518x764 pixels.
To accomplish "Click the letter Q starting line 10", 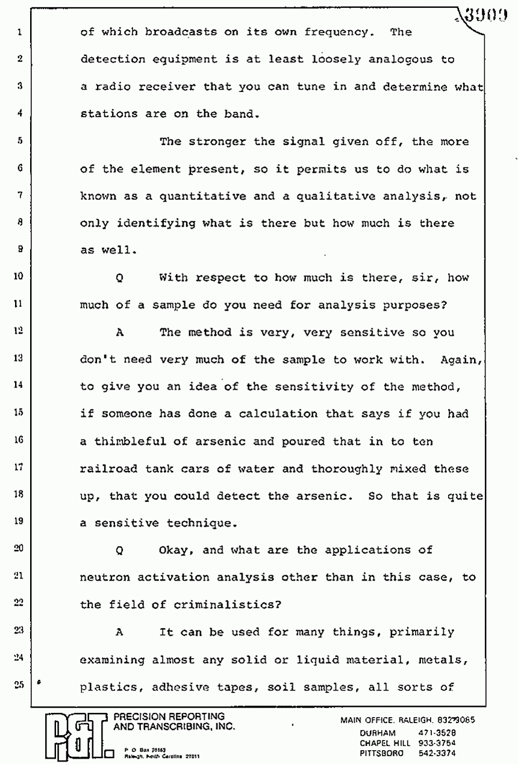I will coord(120,278).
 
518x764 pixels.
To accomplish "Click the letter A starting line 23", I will coord(120,632).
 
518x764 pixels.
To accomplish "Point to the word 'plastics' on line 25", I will coord(107,687).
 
